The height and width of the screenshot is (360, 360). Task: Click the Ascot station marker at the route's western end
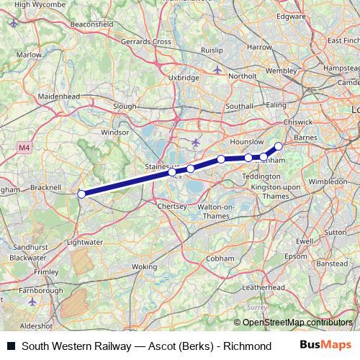(x=81, y=194)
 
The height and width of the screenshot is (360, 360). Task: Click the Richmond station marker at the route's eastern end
(x=279, y=146)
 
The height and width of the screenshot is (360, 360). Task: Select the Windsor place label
(x=114, y=132)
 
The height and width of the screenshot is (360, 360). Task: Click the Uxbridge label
(x=183, y=77)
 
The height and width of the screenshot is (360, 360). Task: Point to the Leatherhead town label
(x=260, y=287)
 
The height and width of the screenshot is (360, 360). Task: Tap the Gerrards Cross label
(x=147, y=42)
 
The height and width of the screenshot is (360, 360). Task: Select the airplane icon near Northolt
(x=218, y=70)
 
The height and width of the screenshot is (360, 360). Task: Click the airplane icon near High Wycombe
(x=15, y=22)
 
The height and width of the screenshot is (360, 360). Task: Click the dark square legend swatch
(x=9, y=346)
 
